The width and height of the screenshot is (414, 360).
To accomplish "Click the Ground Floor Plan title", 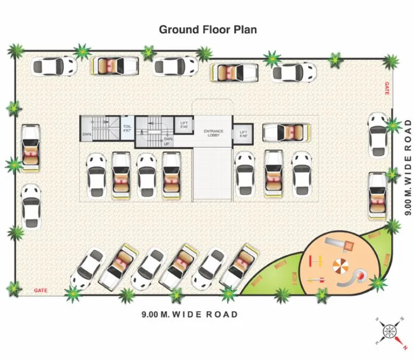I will click(x=208, y=29).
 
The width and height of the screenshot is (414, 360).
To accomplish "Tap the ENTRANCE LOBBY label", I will click(x=213, y=133).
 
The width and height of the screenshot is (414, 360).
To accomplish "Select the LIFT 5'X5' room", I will click(x=184, y=125).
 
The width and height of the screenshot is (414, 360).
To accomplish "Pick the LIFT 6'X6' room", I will click(x=244, y=134).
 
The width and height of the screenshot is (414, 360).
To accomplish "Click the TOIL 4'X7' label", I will click(x=127, y=129).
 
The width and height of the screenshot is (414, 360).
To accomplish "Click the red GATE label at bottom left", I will click(x=40, y=290).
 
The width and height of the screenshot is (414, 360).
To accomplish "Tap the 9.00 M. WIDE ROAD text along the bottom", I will click(x=189, y=314).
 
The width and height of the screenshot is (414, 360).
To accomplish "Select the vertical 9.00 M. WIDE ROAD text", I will click(x=407, y=167).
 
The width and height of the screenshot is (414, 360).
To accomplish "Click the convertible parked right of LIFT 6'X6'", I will click(x=287, y=132).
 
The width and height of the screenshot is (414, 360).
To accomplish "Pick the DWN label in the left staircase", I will click(x=87, y=135).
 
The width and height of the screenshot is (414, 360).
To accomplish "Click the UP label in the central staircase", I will click(x=167, y=144).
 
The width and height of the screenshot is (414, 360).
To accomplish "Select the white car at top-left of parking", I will click(x=54, y=66).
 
